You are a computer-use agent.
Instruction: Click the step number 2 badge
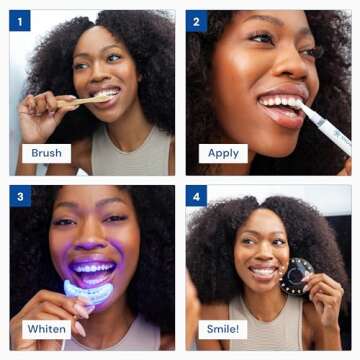click(196, 20)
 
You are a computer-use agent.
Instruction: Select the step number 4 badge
click(196, 196)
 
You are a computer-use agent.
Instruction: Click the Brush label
click(47, 153)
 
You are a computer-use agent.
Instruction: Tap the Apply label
click(222, 153)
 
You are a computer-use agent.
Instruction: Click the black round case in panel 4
click(298, 275)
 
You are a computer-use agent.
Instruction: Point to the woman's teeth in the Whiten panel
click(93, 269)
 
